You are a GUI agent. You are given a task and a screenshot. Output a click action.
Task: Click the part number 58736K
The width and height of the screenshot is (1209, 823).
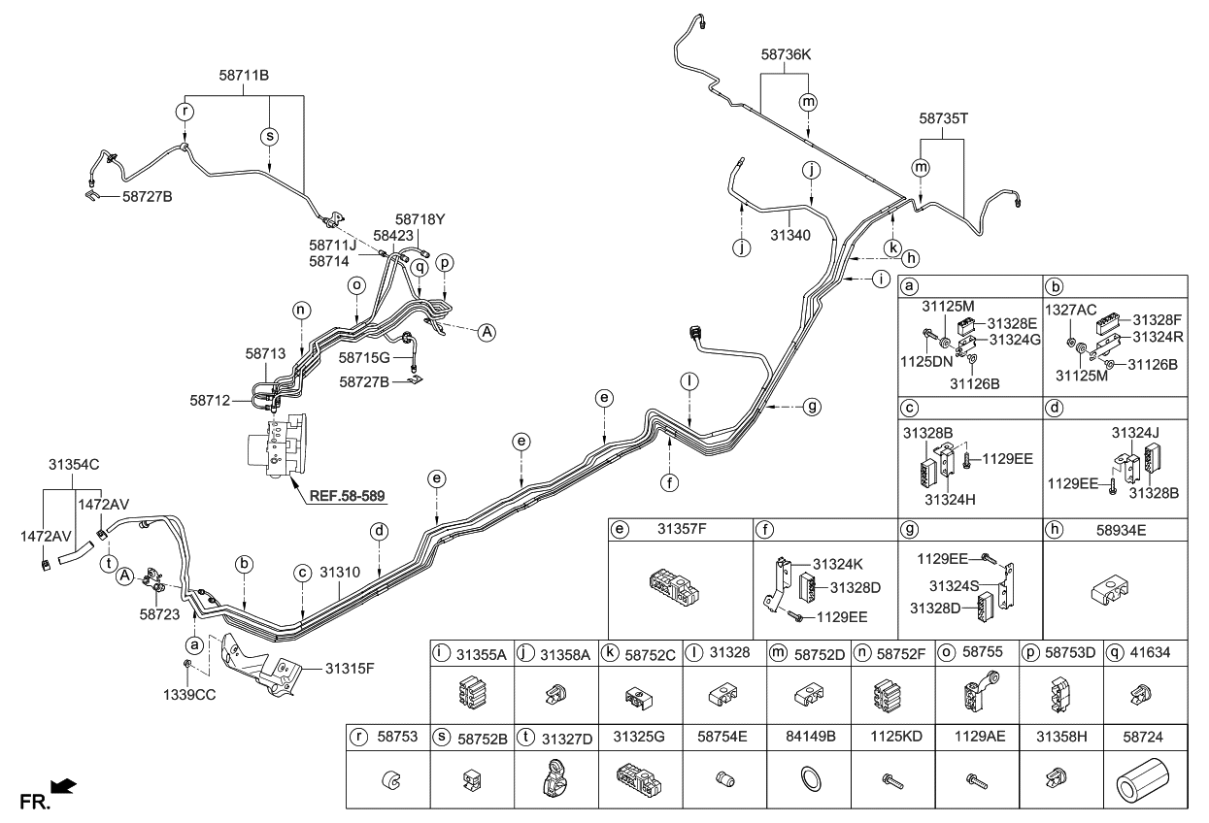(786, 56)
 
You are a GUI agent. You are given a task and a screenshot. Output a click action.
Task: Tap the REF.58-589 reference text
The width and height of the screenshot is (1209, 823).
(347, 497)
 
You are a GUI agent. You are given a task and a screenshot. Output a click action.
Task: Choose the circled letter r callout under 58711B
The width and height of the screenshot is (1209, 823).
(185, 112)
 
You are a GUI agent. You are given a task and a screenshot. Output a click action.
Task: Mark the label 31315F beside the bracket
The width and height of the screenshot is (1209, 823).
(348, 668)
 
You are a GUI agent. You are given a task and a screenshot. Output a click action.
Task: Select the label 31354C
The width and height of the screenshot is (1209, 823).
(75, 465)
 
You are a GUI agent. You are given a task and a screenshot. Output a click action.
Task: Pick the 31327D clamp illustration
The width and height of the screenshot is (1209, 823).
(555, 776)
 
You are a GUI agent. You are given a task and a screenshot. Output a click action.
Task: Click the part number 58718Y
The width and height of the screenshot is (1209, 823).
(420, 219)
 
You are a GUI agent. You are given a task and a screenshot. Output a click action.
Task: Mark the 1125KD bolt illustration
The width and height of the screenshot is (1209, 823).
(889, 777)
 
